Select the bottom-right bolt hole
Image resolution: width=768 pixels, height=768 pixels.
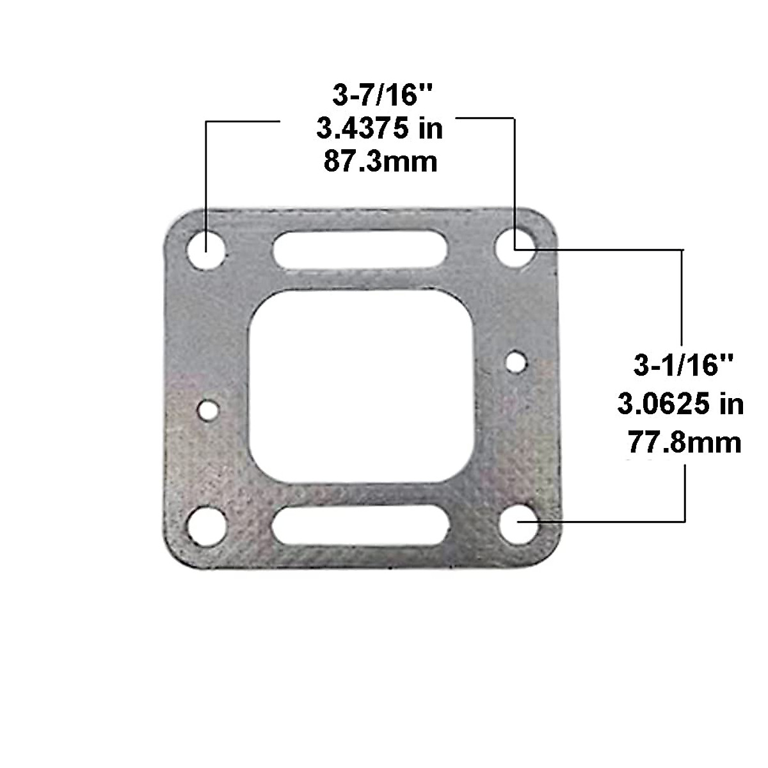coord(517,524)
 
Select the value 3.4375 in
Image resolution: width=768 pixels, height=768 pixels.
coord(380,129)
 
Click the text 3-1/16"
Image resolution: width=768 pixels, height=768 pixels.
coord(681,366)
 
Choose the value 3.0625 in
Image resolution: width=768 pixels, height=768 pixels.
coord(681,404)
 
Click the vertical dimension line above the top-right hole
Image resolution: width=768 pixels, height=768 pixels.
coord(515,173)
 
